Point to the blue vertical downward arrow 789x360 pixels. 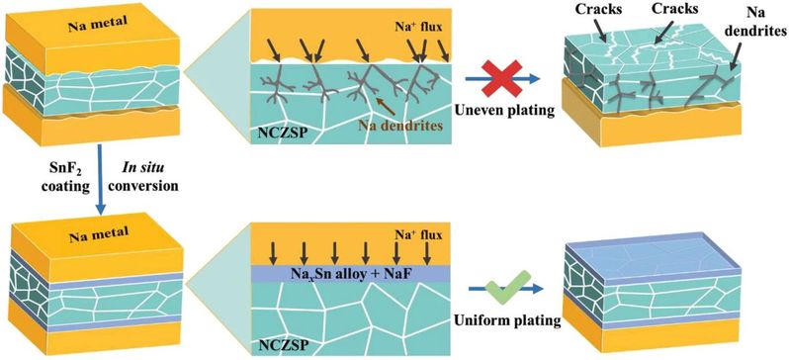point(101,179)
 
